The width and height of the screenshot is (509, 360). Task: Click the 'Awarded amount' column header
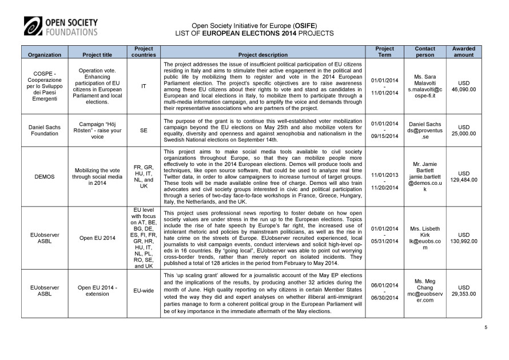(x=463, y=52)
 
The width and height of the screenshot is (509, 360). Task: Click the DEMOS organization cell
(x=45, y=177)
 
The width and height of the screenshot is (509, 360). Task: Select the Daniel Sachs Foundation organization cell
(x=45, y=130)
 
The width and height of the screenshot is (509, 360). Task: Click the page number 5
(x=486, y=327)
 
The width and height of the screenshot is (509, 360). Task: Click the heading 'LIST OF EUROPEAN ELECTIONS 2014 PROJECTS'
(x=254, y=33)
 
